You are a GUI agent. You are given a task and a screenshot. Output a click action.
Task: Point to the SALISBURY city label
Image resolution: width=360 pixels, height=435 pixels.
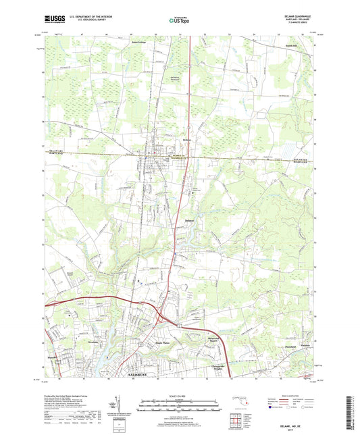tap(141, 374)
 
